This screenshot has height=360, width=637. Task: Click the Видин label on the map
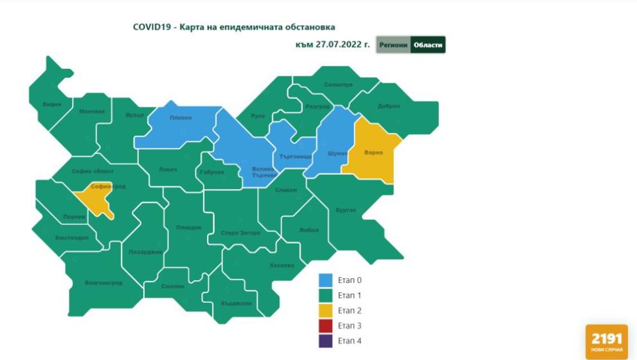pyautogui.click(x=52, y=104)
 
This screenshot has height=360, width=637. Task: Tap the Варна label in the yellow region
pyautogui.click(x=373, y=153)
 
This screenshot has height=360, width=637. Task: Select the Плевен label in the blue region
pyautogui.click(x=180, y=118)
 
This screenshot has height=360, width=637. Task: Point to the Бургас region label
pyautogui.click(x=346, y=210)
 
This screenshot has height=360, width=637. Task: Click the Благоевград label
pyautogui.click(x=103, y=282)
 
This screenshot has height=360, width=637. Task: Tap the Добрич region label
pyautogui.click(x=389, y=106)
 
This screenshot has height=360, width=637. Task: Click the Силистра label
pyautogui.click(x=338, y=85)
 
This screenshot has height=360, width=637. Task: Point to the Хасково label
pyautogui.click(x=282, y=265)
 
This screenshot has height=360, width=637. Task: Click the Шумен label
pyautogui.click(x=337, y=154)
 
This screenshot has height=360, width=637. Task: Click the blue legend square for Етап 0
pyautogui.click(x=326, y=280)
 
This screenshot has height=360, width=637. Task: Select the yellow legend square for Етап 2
pyautogui.click(x=326, y=310)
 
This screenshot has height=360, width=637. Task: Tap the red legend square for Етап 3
pyautogui.click(x=326, y=326)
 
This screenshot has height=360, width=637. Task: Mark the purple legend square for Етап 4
pyautogui.click(x=326, y=341)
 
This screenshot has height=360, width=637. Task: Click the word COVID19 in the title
pyautogui.click(x=150, y=27)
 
